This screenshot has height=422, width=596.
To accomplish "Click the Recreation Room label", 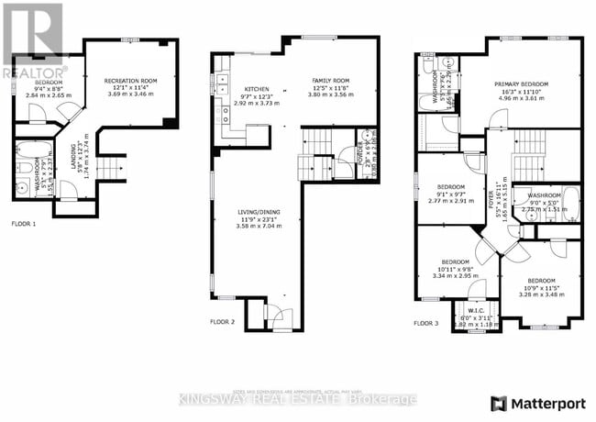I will coord(131,81).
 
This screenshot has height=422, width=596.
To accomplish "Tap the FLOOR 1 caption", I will coord(24,224).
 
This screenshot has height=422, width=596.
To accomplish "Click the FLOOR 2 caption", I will coord(223,322).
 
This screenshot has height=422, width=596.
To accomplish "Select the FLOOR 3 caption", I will coord(425,323).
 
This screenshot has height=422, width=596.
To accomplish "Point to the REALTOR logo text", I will coord(34,71).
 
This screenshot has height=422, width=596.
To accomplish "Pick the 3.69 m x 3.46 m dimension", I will coord(131,94).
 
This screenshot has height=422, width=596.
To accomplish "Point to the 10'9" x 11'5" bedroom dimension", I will coord(541,288).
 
